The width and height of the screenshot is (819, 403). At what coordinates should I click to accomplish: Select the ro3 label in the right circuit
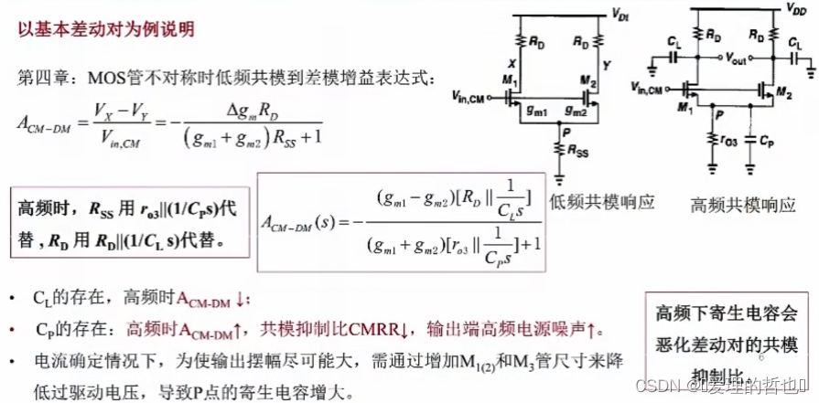point(727,142)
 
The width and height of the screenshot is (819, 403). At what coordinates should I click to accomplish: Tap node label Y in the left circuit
point(605,66)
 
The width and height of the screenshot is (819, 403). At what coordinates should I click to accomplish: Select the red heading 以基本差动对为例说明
point(106,28)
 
